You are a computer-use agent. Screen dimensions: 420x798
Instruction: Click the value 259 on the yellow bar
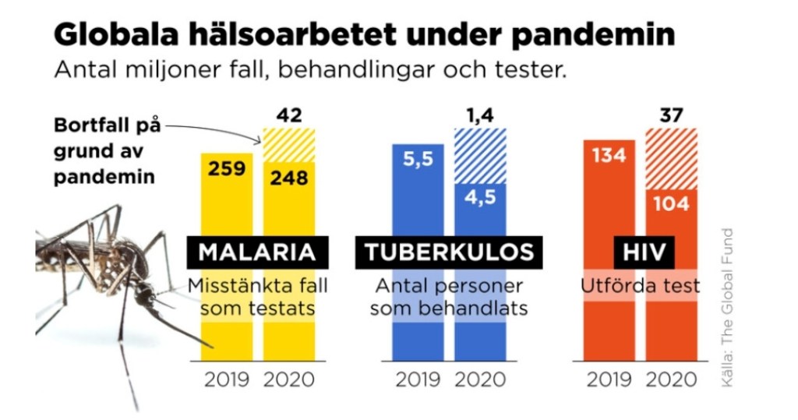click(x=226, y=168)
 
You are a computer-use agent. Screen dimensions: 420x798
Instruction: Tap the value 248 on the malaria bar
click(x=289, y=178)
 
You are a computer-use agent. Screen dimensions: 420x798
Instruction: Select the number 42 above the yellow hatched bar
click(x=289, y=116)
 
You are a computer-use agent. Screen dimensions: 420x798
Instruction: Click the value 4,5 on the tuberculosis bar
click(x=480, y=198)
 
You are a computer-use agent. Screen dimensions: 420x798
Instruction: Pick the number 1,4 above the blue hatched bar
click(x=480, y=116)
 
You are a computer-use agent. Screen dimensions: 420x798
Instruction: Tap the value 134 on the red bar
click(x=609, y=155)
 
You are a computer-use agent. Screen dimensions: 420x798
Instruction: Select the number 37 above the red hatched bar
click(x=672, y=116)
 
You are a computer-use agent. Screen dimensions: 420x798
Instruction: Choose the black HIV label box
click(x=640, y=252)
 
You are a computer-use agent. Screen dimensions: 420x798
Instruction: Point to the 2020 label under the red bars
click(x=672, y=380)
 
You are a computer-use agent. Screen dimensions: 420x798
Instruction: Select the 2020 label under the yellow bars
click(x=289, y=380)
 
